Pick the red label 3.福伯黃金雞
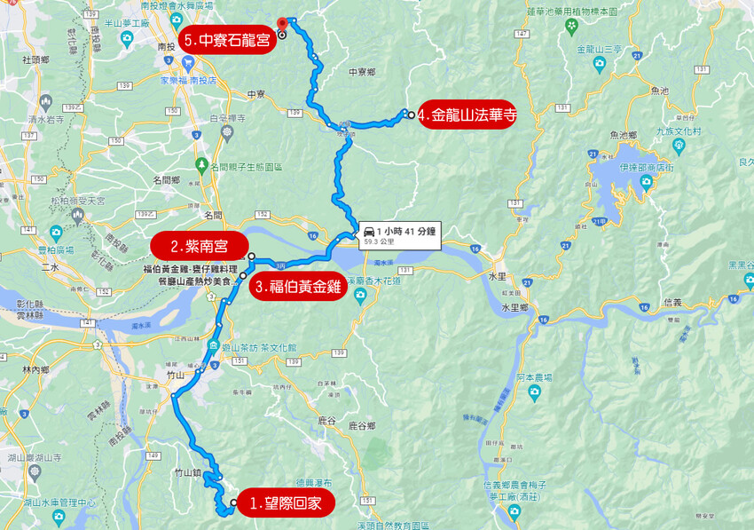click(296, 288)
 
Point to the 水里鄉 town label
click(514, 307)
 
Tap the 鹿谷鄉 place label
click(363, 426)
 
